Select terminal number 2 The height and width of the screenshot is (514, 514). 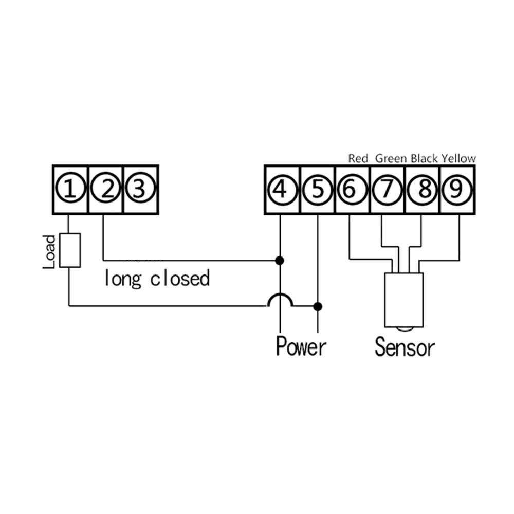106,190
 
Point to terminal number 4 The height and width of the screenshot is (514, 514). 281,190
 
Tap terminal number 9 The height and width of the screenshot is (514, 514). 456,190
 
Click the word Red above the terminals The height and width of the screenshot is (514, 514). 358,158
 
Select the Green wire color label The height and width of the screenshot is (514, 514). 391,158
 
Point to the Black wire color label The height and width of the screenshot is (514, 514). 425,158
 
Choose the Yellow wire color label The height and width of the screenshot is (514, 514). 459,158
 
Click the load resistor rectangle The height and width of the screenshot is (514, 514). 69,250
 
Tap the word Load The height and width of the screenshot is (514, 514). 49,252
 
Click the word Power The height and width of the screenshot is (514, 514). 301,346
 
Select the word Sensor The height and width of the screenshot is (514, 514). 405,347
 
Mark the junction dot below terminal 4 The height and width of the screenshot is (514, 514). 280,261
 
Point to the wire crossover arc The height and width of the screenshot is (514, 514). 280,300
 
